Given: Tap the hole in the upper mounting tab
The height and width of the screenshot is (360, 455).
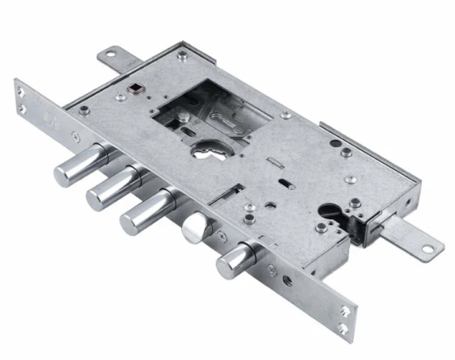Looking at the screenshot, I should coord(110,55).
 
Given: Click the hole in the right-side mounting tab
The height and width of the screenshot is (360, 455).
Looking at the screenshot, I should coord(425,249).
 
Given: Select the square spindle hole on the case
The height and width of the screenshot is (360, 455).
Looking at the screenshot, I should coord(135,88).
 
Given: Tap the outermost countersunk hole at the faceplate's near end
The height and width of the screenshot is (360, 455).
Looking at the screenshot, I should coord(343,327).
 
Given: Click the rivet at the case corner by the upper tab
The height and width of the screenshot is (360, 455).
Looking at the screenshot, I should coord(182,55).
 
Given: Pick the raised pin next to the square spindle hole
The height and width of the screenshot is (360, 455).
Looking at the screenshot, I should coord(121,97).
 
